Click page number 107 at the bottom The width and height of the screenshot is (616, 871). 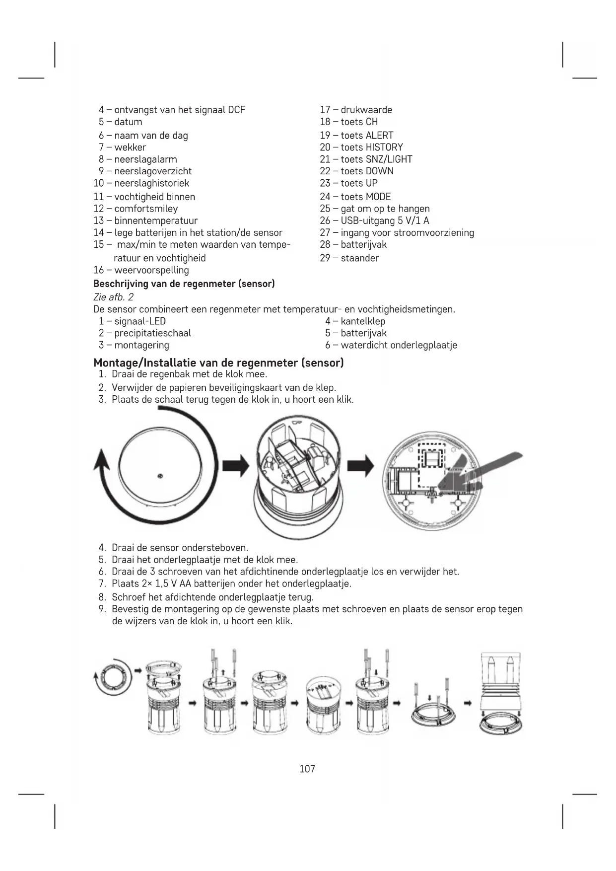pos(307,769)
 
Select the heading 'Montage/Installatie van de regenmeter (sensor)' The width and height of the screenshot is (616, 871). pos(218,363)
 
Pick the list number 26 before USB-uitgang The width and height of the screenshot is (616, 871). pos(325,220)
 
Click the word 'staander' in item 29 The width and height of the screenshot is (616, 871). pos(359,258)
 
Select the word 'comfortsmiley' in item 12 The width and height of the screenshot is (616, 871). pos(146,209)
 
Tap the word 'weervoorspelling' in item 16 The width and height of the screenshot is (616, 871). pos(151,270)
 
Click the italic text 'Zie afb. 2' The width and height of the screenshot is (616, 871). pos(113,297)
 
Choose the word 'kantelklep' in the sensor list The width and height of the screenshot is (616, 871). pos(363,321)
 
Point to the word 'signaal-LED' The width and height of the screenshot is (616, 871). pos(140,321)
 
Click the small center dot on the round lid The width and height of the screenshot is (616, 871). pos(160,476)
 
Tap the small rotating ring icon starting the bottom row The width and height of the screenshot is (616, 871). pos(113,676)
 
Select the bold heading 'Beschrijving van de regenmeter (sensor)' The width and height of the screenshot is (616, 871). pos(184,284)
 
